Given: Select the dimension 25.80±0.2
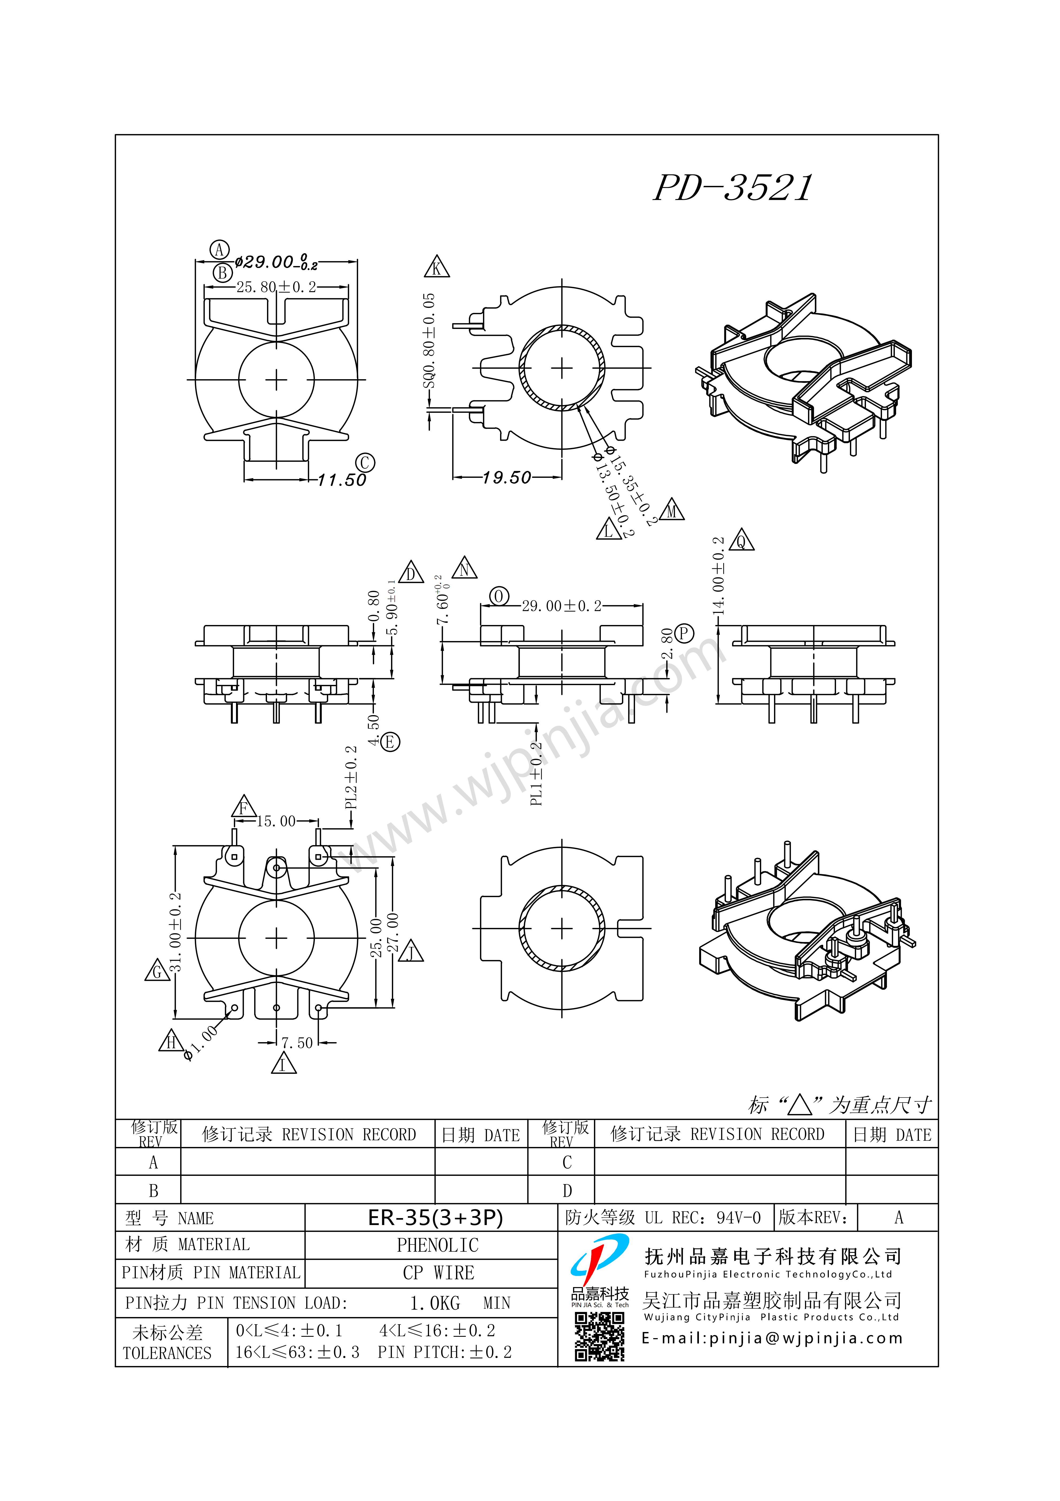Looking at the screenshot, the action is [276, 287].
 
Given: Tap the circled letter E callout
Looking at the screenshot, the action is [390, 742].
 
